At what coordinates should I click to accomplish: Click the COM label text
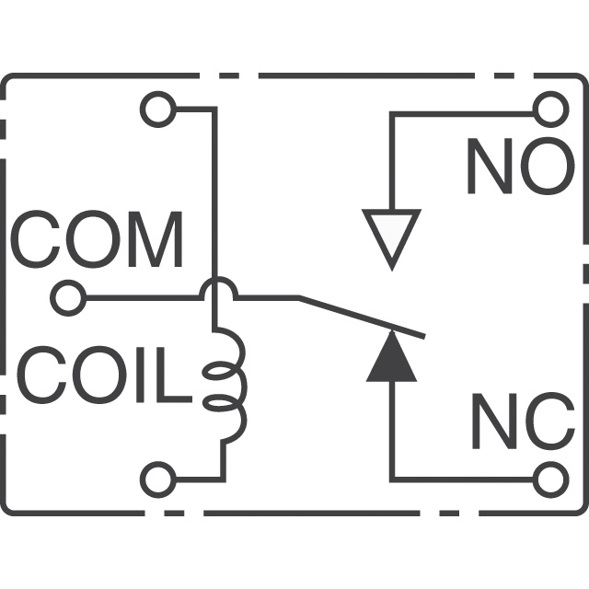[97, 239]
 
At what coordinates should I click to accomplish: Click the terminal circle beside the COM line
[67, 298]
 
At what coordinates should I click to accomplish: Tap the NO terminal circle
[550, 110]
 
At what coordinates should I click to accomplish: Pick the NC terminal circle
[550, 479]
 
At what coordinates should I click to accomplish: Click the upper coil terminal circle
[156, 109]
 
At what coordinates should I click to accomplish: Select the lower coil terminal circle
[156, 479]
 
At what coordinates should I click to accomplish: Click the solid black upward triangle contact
[392, 360]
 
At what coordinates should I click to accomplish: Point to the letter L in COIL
[176, 378]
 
